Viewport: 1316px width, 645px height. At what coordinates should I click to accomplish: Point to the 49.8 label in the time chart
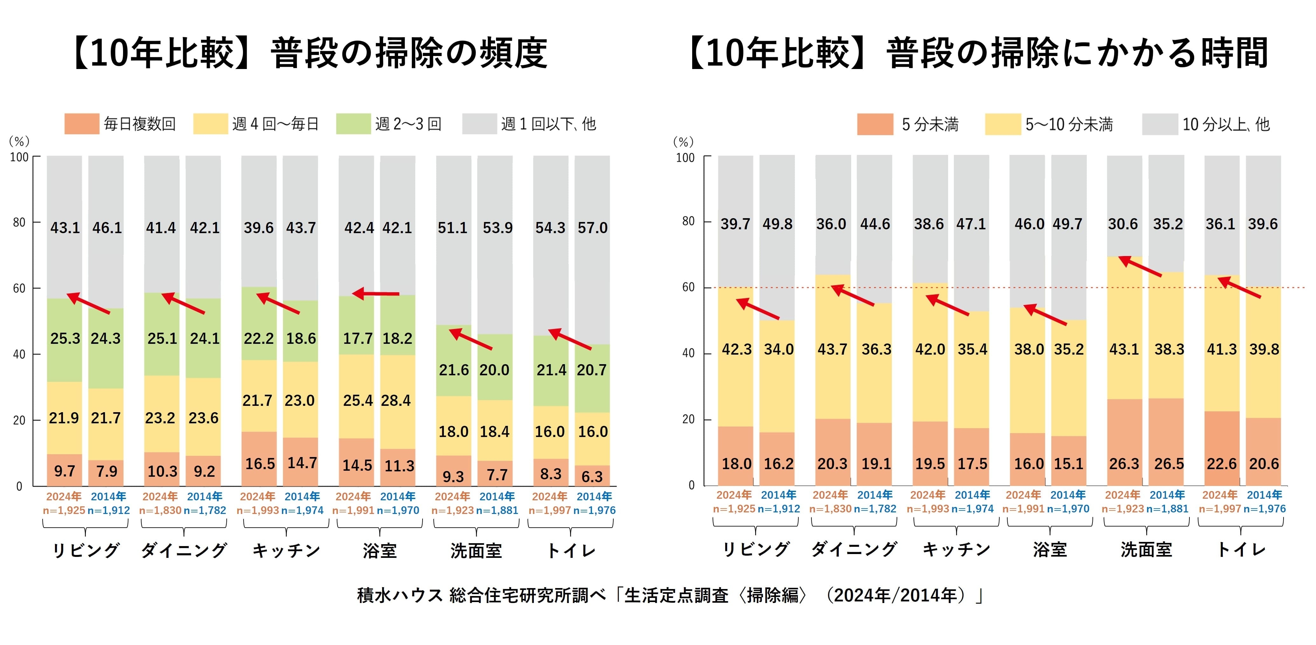(x=777, y=224)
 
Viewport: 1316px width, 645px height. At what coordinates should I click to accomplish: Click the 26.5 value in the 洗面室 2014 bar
(x=1168, y=464)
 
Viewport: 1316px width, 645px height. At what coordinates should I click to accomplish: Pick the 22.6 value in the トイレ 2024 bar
(x=1222, y=464)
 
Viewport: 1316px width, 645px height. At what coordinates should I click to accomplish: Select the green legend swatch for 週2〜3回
(x=353, y=124)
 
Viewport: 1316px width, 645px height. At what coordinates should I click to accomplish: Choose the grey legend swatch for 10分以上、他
(x=1160, y=124)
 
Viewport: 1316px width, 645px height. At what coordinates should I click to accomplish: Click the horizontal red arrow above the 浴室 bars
(x=376, y=293)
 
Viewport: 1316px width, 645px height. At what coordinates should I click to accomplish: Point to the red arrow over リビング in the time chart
(x=758, y=309)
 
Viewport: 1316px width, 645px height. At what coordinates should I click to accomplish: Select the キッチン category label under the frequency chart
(x=286, y=551)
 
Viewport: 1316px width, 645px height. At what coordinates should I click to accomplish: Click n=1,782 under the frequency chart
(x=204, y=510)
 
